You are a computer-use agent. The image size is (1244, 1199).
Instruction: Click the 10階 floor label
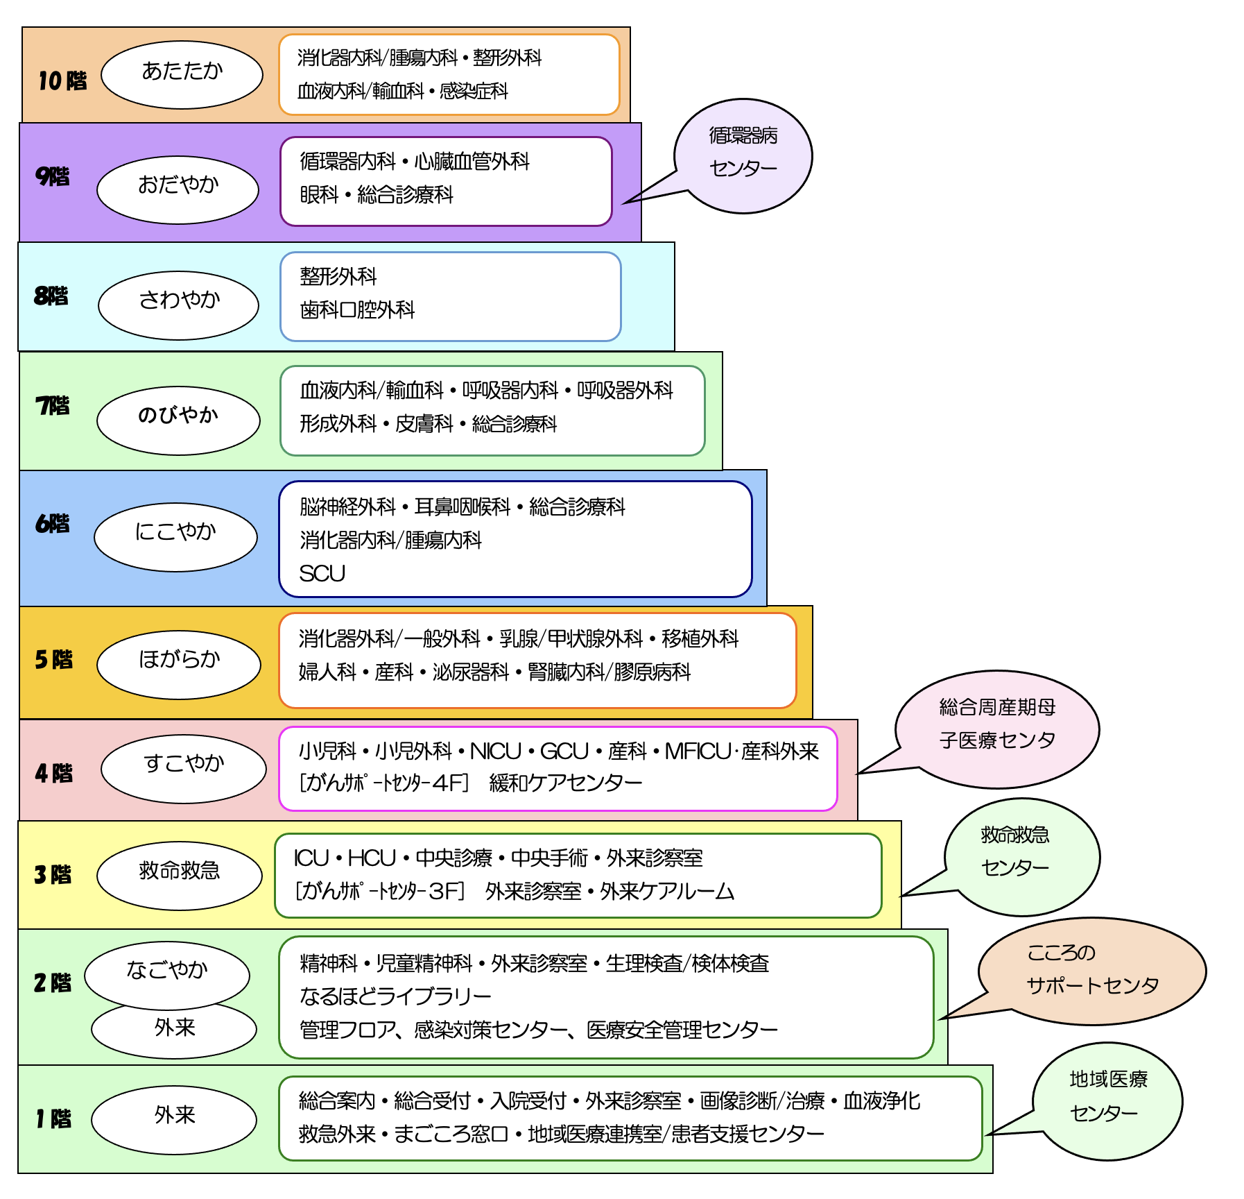pos(62,80)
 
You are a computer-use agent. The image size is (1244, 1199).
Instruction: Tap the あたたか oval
pos(182,74)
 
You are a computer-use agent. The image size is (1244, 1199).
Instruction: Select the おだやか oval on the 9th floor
pos(178,189)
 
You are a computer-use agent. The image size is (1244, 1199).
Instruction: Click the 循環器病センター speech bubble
pos(743,155)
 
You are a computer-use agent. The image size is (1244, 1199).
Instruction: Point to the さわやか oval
pos(178,305)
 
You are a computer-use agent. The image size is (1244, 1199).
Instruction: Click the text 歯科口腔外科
pos(357,309)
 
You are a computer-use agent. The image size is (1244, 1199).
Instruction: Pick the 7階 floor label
pos(53,405)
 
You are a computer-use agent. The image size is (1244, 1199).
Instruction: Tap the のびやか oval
pos(178,420)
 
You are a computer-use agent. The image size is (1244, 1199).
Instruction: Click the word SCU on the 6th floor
pos(322,573)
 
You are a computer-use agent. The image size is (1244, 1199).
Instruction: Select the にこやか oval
pos(175,536)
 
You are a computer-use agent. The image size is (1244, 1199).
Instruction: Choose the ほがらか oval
pos(179,664)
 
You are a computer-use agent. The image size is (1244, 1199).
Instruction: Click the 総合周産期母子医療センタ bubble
pos(997,729)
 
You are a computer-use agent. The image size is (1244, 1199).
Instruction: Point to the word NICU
pos(495,751)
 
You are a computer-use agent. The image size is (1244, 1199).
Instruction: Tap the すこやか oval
pos(184,768)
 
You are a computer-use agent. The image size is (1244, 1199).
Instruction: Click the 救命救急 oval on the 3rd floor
pos(179,875)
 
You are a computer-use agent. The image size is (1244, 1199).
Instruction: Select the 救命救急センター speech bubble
pos(1021,856)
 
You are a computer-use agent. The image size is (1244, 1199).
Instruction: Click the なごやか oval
pos(167,973)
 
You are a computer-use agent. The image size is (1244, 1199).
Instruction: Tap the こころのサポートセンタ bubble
pos(1091,971)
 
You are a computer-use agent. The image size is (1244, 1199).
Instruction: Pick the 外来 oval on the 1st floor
pos(174,1119)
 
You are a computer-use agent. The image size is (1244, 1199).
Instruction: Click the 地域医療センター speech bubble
pos(1107,1100)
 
